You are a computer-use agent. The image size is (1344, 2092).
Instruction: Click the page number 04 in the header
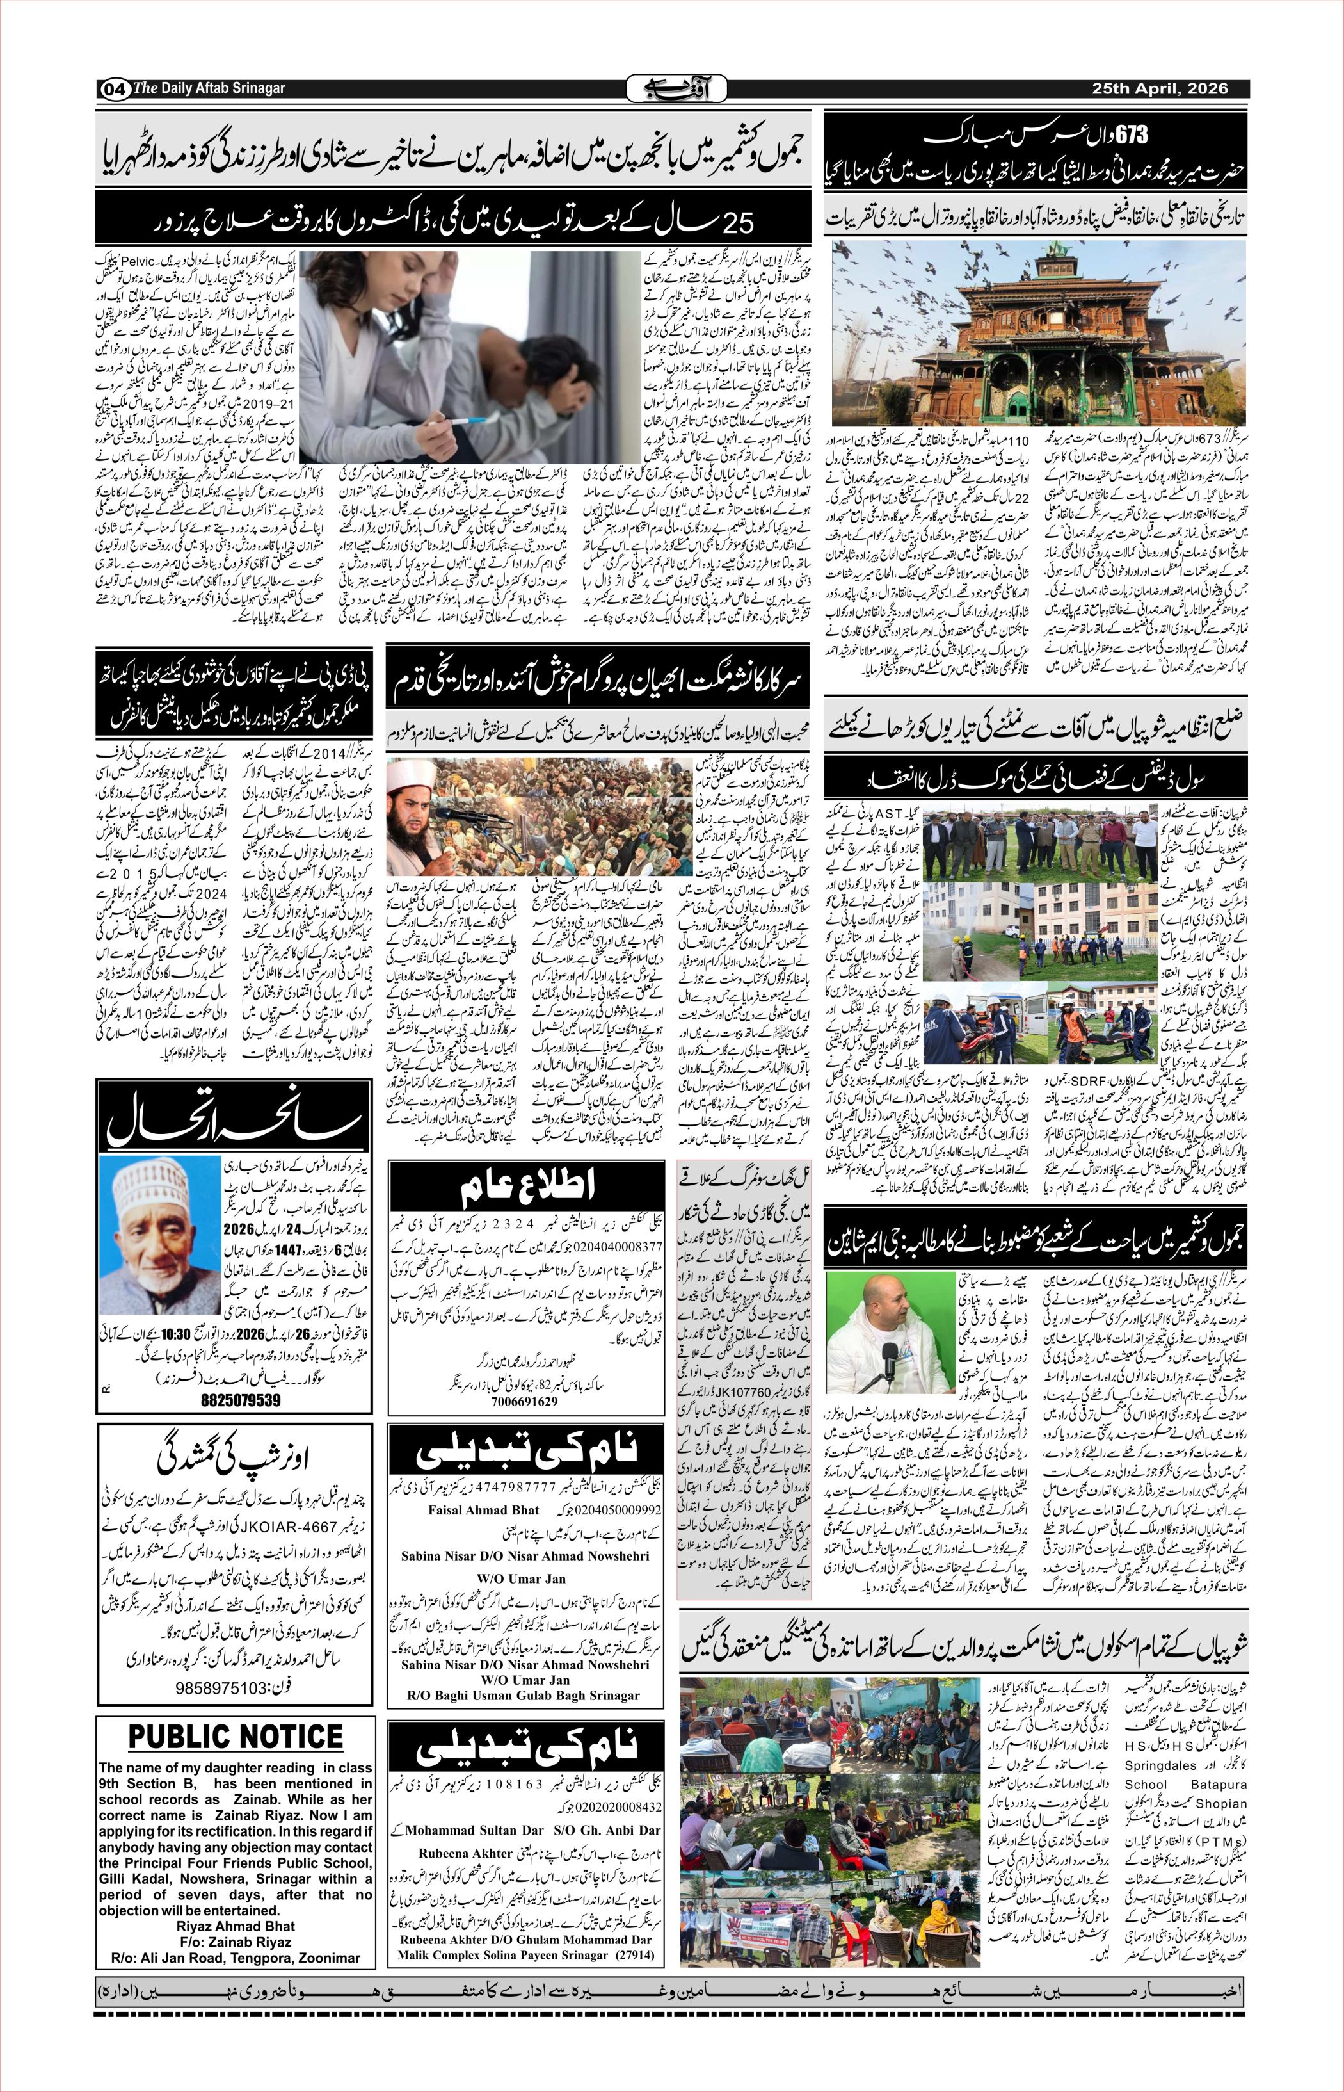pyautogui.click(x=113, y=90)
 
